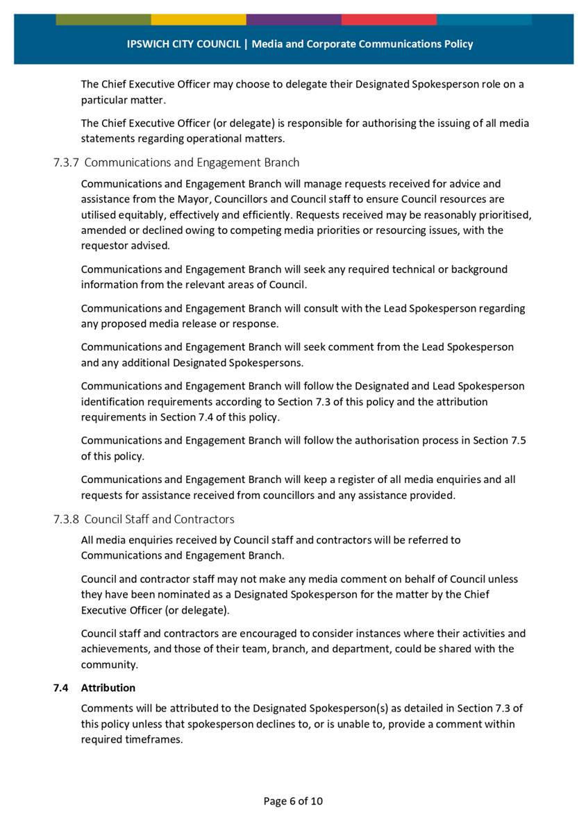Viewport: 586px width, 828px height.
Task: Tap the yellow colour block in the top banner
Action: pos(198,19)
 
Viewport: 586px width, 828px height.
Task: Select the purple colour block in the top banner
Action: pos(293,19)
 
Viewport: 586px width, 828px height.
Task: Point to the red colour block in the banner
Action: pos(388,19)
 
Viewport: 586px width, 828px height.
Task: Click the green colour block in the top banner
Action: pos(103,19)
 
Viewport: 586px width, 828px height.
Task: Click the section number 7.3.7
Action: pos(66,162)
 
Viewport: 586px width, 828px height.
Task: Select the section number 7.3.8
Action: pos(66,519)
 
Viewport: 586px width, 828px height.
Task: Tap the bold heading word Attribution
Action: pos(108,688)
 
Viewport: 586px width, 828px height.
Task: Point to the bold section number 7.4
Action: pos(60,688)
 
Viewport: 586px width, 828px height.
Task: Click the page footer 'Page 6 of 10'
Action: pos(293,802)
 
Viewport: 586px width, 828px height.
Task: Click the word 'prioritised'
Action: pos(502,214)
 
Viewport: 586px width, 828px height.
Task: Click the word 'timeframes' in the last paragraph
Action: pos(157,739)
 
